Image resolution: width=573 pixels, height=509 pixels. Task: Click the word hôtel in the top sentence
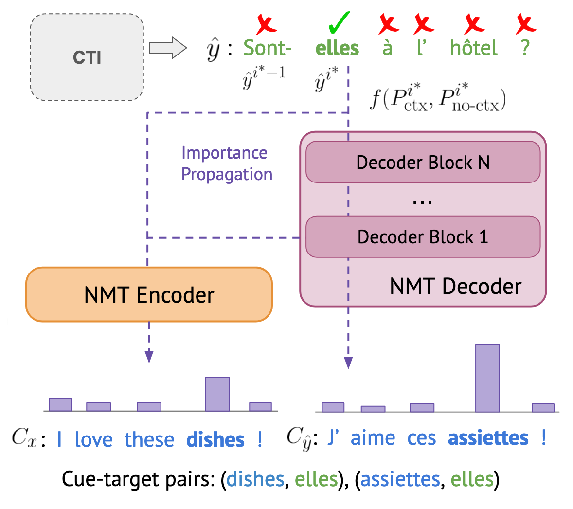click(x=473, y=48)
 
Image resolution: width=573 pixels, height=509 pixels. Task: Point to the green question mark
click(x=524, y=49)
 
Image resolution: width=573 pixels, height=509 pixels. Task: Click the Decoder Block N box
click(x=423, y=162)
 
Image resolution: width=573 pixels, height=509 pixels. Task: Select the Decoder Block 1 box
click(x=423, y=237)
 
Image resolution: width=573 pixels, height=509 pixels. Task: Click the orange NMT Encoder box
click(x=149, y=295)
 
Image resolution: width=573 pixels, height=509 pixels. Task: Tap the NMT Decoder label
click(x=455, y=286)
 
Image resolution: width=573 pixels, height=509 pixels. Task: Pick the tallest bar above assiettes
click(x=487, y=378)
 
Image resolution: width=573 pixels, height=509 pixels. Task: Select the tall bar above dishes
click(x=217, y=394)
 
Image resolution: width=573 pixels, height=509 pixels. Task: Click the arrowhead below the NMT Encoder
click(x=149, y=358)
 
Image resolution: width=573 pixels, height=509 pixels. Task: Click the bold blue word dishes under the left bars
click(x=216, y=440)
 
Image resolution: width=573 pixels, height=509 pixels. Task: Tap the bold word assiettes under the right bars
click(x=488, y=438)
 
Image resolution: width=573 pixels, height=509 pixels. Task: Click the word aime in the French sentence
click(x=373, y=438)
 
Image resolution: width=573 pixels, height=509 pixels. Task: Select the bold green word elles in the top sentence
click(x=337, y=48)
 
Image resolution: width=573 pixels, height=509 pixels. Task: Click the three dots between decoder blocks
click(x=422, y=200)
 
